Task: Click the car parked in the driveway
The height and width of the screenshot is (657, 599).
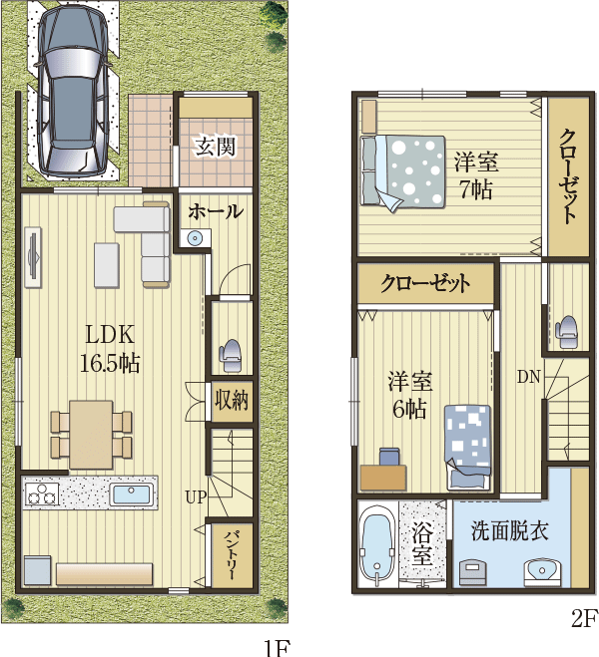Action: [x=71, y=90]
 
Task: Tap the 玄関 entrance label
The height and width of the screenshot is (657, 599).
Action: [x=216, y=147]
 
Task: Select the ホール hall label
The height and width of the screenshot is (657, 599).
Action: [x=216, y=211]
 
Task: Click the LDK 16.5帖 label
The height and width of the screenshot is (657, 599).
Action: [x=110, y=349]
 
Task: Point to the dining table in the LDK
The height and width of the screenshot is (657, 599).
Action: [x=91, y=435]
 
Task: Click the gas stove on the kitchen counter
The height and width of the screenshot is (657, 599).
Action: [x=42, y=494]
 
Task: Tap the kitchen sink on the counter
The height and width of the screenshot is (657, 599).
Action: [x=132, y=494]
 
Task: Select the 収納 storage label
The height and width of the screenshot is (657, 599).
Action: [x=232, y=400]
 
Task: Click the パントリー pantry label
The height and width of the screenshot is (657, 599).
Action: [x=231, y=555]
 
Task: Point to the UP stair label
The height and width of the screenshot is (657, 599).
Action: [x=197, y=497]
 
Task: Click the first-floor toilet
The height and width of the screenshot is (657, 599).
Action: [x=230, y=356]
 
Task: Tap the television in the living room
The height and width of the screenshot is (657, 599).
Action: [x=33, y=257]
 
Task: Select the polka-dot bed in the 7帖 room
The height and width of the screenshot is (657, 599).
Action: [x=402, y=171]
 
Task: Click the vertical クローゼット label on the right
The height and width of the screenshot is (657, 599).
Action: [x=568, y=176]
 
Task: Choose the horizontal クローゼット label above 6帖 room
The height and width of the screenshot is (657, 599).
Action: [x=425, y=284]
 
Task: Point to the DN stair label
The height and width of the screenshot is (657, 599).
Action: [x=528, y=377]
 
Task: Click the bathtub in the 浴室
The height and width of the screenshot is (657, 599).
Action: [x=377, y=545]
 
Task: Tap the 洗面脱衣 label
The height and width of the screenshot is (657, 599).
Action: [x=510, y=530]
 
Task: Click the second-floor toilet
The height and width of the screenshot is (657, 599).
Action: [x=566, y=332]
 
